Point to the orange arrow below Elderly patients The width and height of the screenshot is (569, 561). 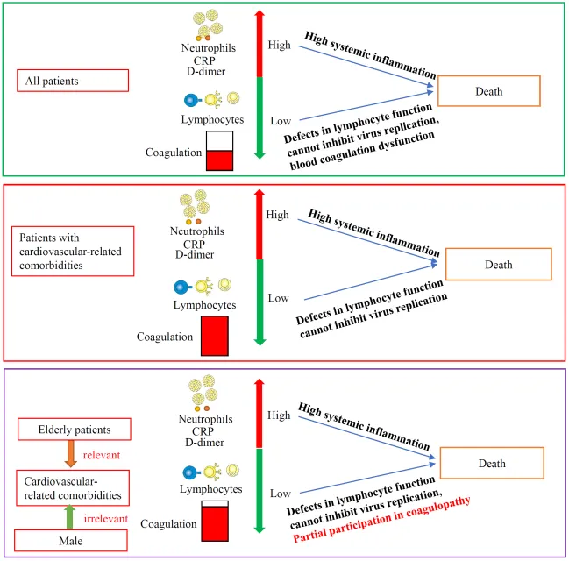tap(70, 453)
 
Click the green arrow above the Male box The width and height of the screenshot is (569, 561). tap(69, 516)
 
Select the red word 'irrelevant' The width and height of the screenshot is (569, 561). tap(105, 519)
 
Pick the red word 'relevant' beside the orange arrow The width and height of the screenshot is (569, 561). tap(102, 455)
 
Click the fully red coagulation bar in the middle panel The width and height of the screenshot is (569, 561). tap(215, 336)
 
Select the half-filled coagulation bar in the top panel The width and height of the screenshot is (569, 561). tap(219, 151)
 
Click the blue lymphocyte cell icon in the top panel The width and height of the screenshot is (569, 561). tap(191, 100)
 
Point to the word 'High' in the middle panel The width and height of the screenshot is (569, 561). tap(278, 215)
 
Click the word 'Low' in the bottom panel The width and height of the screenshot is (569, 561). tap(281, 494)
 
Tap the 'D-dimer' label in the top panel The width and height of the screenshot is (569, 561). tap(206, 72)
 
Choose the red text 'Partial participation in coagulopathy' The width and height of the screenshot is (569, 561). tap(381, 520)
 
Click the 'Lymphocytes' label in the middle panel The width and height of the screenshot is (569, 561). tap(204, 305)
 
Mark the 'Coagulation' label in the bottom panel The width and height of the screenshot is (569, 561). tap(168, 524)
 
